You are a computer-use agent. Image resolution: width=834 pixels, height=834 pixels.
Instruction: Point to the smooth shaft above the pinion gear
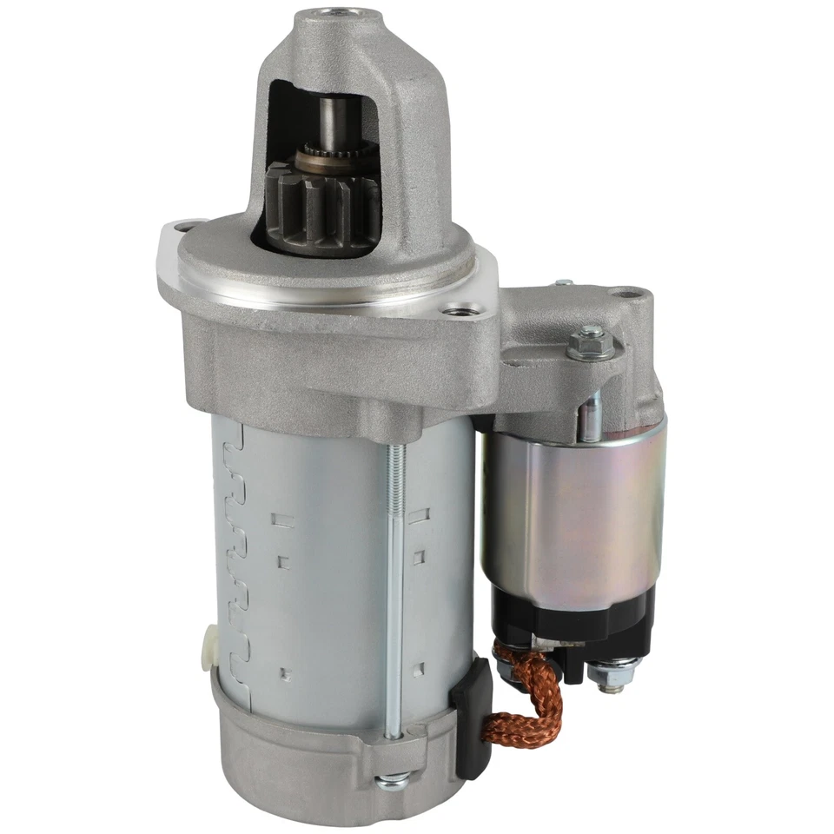click(x=334, y=122)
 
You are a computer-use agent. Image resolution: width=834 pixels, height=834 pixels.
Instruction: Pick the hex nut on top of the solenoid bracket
click(x=590, y=343)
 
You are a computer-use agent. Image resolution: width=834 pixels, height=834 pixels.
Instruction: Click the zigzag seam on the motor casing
click(x=235, y=556)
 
